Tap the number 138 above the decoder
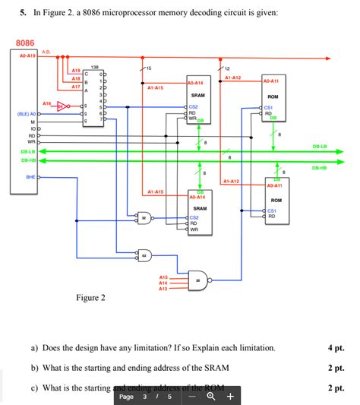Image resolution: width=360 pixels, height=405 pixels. pos(94,67)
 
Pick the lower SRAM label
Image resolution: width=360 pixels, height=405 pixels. pos(199,207)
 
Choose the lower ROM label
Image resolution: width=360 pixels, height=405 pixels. pos(276,200)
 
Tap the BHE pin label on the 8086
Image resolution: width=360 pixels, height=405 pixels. pos(30,176)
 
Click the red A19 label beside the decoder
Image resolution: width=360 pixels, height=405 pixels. pos(76,70)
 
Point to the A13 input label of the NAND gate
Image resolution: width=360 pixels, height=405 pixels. pos(163,289)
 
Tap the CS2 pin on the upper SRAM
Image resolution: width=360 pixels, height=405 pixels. pos(194,107)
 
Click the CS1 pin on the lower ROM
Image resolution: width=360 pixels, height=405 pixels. pos(272,210)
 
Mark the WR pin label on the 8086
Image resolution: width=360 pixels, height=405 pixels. pos(31,142)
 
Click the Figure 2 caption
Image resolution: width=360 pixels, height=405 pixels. pos(90,298)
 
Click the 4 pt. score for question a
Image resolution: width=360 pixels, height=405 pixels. pos(336,348)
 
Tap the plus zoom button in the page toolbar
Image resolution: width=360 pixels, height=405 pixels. pos(229,396)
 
